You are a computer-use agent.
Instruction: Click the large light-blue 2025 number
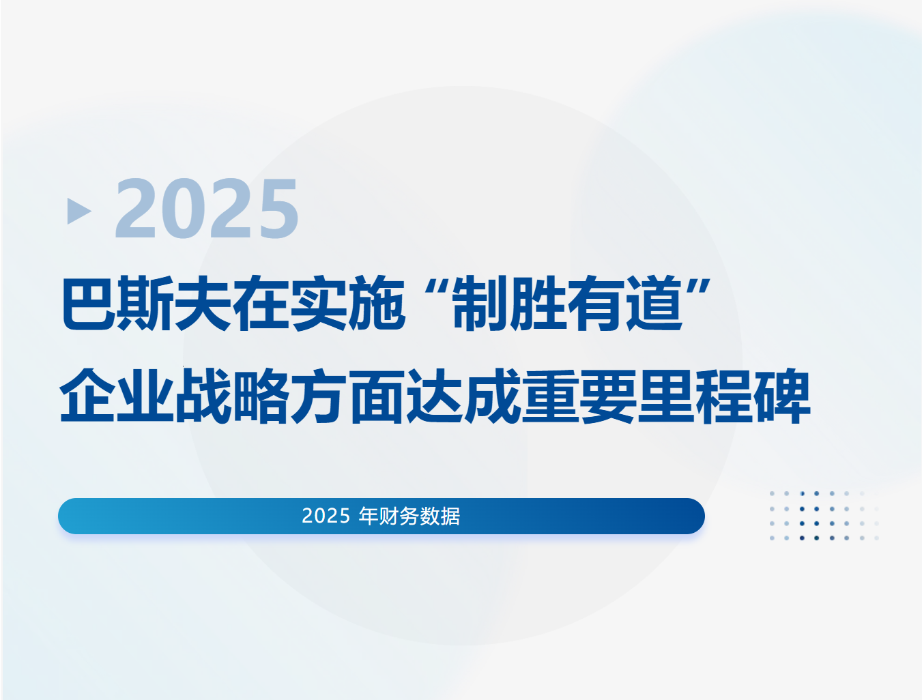[x=207, y=209]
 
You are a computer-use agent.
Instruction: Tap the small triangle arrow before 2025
[x=78, y=211]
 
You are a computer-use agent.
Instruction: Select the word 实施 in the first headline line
[x=347, y=304]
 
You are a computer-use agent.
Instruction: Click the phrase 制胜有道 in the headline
[x=568, y=304]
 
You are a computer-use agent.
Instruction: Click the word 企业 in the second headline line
[x=117, y=396]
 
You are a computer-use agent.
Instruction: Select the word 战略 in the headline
[x=232, y=396]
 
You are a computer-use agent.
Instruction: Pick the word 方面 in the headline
[x=348, y=396]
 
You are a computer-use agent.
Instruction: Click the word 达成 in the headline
[x=463, y=396]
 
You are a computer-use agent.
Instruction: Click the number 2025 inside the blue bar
[x=326, y=516]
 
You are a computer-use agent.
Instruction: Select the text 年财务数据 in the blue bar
[x=409, y=516]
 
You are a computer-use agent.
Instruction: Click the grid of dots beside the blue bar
[x=824, y=516]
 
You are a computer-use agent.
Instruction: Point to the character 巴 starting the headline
[x=88, y=304]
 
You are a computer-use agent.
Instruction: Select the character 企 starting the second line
[x=88, y=396]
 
